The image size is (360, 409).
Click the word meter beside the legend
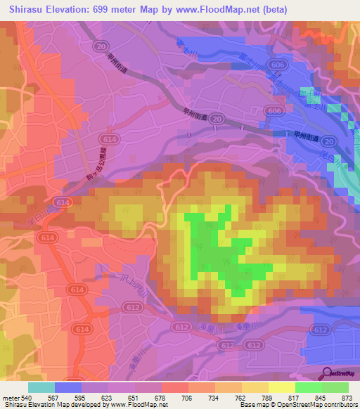(9, 397)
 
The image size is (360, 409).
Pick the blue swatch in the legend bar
(67, 387)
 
